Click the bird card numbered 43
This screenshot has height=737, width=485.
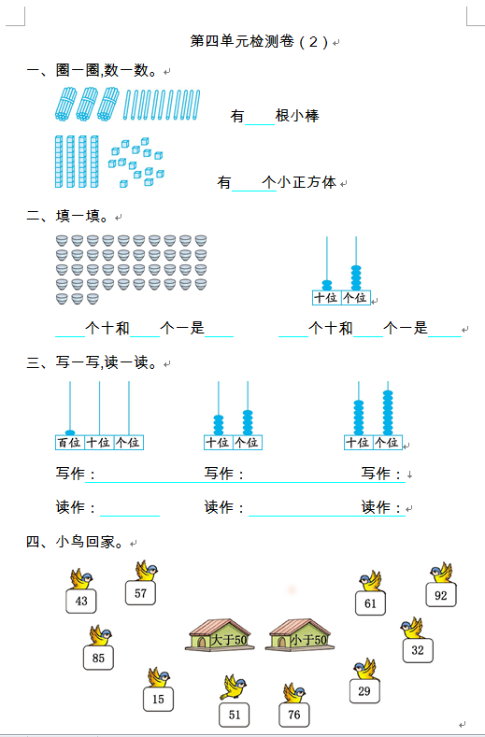coord(81,601)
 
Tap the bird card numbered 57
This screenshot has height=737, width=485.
coord(140,593)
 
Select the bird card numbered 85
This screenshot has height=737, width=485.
coord(98,658)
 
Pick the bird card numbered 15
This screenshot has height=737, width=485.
coord(158,699)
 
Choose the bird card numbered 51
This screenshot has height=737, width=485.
coord(235,715)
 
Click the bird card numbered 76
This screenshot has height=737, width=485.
coord(294,715)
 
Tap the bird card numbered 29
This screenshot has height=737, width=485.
coord(364,691)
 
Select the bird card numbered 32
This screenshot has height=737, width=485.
coord(418,650)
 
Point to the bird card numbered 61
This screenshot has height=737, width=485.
coord(370,603)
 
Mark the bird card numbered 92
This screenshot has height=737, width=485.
coord(441,595)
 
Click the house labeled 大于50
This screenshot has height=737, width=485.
coord(220,635)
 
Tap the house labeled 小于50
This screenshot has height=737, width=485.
coord(300,635)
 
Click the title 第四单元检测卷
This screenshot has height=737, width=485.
coord(242,41)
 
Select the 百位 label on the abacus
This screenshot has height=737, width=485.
coord(70,443)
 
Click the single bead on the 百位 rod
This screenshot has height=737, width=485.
coord(70,432)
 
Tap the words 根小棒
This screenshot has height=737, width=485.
coord(297,116)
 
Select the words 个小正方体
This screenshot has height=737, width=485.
coord(299,182)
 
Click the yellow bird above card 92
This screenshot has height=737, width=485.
coord(441,573)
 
